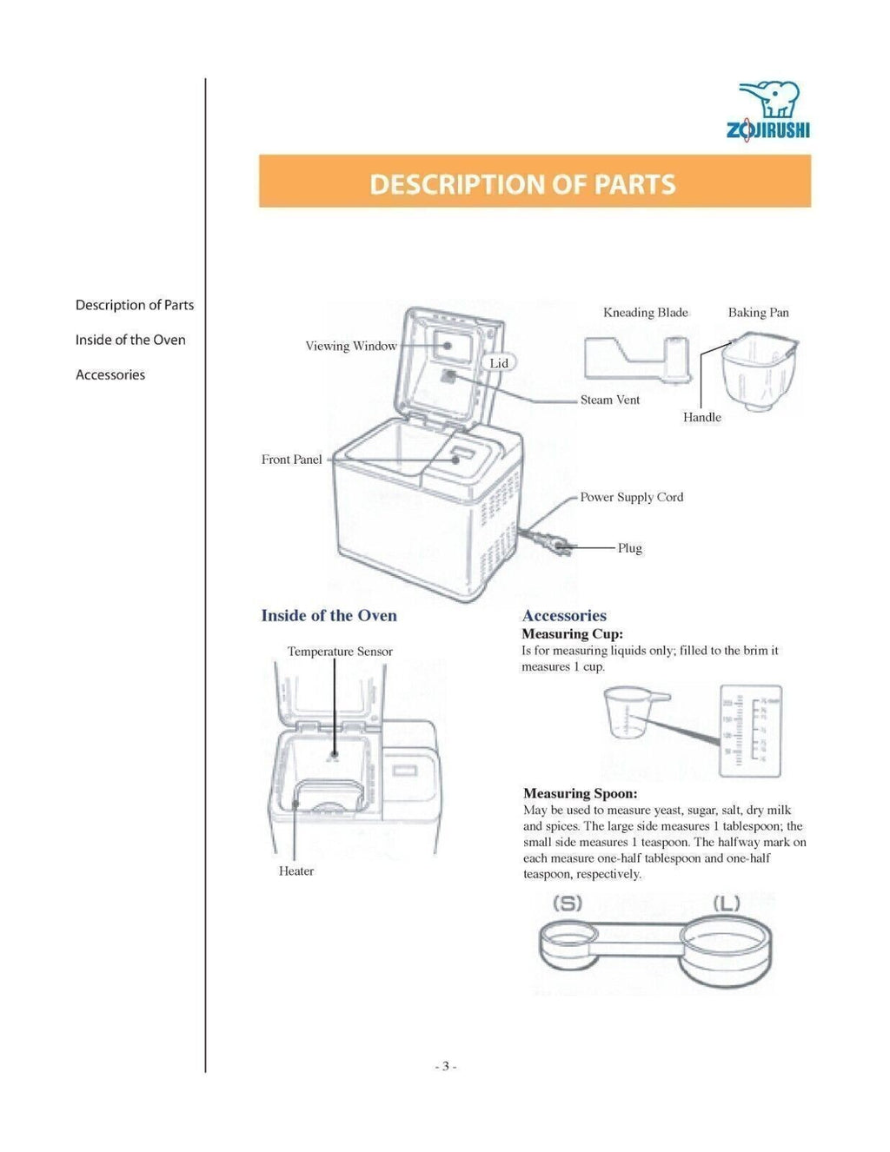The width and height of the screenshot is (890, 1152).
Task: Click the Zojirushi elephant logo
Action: click(768, 110)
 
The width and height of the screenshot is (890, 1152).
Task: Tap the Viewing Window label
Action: click(350, 346)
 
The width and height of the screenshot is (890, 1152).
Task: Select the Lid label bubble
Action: click(499, 363)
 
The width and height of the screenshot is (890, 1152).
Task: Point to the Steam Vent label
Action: click(609, 400)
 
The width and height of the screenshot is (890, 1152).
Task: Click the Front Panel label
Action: click(291, 460)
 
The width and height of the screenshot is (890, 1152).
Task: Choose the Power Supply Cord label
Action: click(631, 497)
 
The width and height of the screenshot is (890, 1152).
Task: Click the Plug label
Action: click(629, 548)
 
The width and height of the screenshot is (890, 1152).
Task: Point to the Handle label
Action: click(701, 417)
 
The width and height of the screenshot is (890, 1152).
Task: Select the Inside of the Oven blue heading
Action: click(329, 615)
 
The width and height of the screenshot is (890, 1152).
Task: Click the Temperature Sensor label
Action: click(340, 652)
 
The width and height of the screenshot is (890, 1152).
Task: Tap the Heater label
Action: click(296, 871)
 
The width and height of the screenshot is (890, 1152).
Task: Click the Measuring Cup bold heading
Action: click(572, 634)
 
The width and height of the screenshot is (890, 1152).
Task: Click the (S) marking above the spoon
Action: click(568, 904)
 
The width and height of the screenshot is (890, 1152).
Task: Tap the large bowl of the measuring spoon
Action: click(726, 949)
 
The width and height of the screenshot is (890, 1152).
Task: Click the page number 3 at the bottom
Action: click(445, 1066)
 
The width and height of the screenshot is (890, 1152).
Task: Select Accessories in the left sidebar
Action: click(110, 375)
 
